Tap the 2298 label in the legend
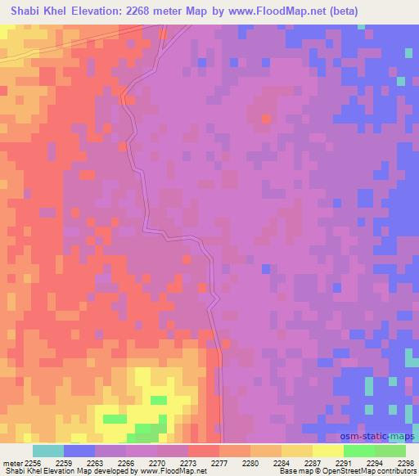coord(407,462)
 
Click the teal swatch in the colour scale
coord(48,450)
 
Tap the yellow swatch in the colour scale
coord(328,450)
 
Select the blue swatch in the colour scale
coord(79,450)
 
